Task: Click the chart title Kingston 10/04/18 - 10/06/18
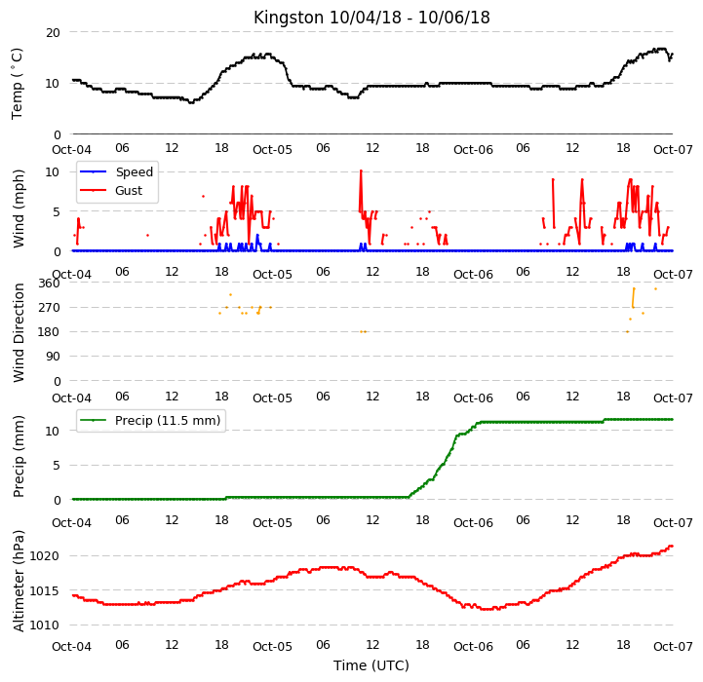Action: pyautogui.click(x=371, y=18)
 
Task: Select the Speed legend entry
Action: pyautogui.click(x=116, y=172)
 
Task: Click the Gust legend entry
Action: pyautogui.click(x=111, y=190)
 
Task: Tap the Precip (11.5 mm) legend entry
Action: pyautogui.click(x=150, y=420)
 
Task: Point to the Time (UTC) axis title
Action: pyautogui.click(x=371, y=665)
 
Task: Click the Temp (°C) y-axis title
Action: pyautogui.click(x=17, y=84)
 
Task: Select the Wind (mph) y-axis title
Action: pyautogui.click(x=19, y=208)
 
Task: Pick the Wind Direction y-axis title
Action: pyautogui.click(x=19, y=332)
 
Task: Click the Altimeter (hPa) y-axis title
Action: pyautogui.click(x=19, y=581)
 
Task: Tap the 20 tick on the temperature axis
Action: pyautogui.click(x=53, y=33)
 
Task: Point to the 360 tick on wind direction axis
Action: pyautogui.click(x=49, y=284)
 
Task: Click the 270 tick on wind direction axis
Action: pyautogui.click(x=49, y=308)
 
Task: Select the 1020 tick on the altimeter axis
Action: pyautogui.click(x=45, y=556)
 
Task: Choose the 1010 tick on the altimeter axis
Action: pyautogui.click(x=45, y=625)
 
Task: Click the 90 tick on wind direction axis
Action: pyautogui.click(x=53, y=357)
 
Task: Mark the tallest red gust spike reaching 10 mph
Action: pyautogui.click(x=361, y=170)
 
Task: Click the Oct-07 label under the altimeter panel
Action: pyautogui.click(x=673, y=647)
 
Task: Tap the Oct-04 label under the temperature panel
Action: pyautogui.click(x=72, y=149)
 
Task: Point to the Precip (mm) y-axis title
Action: pyautogui.click(x=19, y=456)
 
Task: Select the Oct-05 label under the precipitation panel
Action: pyautogui.click(x=272, y=522)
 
